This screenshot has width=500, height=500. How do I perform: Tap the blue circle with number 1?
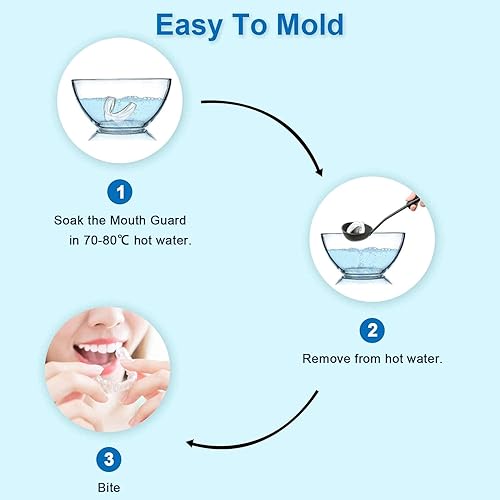119,190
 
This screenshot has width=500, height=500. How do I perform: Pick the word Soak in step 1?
70,219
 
